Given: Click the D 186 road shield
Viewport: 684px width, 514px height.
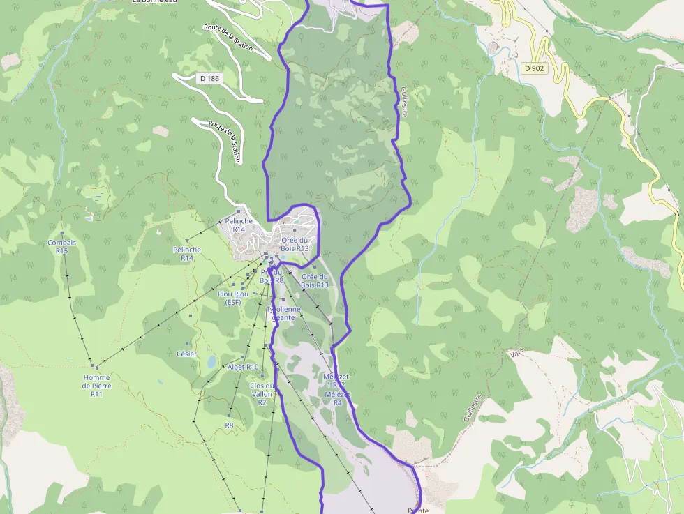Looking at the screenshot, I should point(208,78).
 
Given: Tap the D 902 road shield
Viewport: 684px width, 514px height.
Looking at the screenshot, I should point(536,68).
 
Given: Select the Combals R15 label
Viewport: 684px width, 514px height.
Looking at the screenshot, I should point(62,247).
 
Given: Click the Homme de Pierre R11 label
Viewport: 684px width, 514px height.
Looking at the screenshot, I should point(96,385).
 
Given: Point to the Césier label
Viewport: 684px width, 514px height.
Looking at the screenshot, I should point(186,354).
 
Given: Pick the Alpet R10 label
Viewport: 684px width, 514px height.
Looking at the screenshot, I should point(243,367).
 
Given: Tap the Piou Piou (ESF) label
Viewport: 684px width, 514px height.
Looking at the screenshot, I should point(233,298).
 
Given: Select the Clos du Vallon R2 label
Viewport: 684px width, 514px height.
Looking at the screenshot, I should point(262,394).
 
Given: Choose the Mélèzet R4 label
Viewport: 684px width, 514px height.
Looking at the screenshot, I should point(337,398).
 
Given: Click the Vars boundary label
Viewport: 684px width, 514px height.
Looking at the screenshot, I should point(516,356).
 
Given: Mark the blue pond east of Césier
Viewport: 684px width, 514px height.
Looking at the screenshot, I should point(211,361).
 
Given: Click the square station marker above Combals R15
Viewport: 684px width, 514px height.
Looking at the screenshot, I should point(62,233).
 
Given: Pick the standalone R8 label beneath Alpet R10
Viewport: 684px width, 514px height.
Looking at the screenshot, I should point(229,425).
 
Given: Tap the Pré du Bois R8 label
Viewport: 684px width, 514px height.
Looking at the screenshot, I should point(272,276).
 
